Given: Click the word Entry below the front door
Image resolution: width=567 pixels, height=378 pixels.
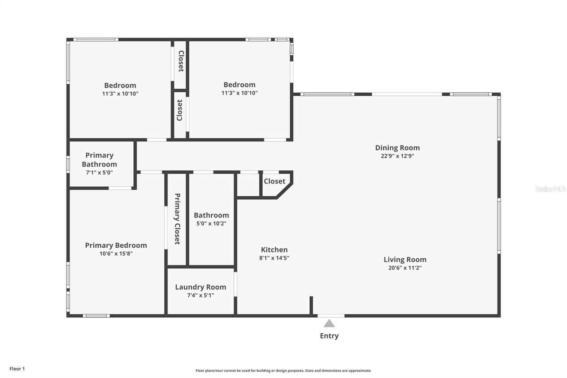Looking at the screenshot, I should (329, 336).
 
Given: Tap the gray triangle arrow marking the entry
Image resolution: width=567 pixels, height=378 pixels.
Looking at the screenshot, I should (329, 323).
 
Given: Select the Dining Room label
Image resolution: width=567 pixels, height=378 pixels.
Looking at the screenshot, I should (397, 148).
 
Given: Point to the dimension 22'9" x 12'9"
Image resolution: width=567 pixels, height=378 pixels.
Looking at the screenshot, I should (397, 156).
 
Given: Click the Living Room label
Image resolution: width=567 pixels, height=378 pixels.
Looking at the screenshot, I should (405, 260).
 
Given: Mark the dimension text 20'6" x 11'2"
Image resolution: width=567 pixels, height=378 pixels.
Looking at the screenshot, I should (405, 268).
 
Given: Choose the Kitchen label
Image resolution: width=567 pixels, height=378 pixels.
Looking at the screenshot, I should (274, 249).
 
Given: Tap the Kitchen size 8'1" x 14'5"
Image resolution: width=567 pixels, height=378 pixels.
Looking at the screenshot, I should (275, 258).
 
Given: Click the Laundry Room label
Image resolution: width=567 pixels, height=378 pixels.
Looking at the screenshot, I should (201, 287).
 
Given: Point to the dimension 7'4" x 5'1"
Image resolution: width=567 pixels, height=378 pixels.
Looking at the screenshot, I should (201, 295).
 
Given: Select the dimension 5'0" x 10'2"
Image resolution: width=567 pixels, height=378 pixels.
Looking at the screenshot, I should (211, 224).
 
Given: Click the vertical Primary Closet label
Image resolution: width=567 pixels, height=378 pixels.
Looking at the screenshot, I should (177, 219).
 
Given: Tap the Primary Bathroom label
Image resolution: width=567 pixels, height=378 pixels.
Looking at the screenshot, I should (99, 160).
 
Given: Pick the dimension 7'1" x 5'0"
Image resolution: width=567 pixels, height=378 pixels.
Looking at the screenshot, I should (99, 172).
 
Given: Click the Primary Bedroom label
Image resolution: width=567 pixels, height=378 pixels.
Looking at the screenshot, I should (116, 245).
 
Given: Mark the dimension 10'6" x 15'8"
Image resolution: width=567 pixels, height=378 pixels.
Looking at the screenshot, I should (116, 254).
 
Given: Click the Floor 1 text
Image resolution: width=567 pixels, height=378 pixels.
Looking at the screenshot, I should (17, 369).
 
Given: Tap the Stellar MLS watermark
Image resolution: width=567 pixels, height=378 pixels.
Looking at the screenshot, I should (550, 189).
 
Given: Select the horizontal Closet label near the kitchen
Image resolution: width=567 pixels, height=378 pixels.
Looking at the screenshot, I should (275, 181).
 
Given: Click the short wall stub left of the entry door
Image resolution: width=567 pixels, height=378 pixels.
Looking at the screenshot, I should (311, 306).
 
